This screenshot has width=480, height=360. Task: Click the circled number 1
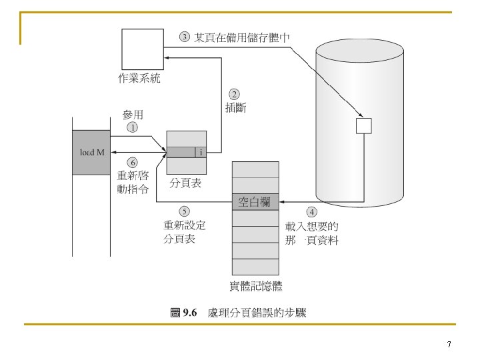pos(133,127)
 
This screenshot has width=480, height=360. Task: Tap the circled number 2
pos(235,94)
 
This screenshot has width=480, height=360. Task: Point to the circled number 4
pos(311,213)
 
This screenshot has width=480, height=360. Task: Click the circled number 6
pos(133,162)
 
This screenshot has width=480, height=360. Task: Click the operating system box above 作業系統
pos(142,49)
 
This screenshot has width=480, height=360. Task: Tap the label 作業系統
pos(139,79)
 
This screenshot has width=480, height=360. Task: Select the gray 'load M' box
pos(92,153)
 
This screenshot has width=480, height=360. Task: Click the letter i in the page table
pos(201,152)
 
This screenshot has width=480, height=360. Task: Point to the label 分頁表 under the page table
pos(185,181)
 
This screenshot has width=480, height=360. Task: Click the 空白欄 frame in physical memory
pos(255,201)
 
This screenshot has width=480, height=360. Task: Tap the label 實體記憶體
pos(256,287)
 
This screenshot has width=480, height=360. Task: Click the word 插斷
pos(236,108)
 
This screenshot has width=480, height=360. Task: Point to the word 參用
pos(133,115)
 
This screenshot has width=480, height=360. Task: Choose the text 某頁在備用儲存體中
pos(241,37)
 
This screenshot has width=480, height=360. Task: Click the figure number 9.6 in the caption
pos(190,313)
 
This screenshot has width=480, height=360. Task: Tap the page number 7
pos(449,345)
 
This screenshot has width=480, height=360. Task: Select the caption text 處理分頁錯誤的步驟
pos(257,313)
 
